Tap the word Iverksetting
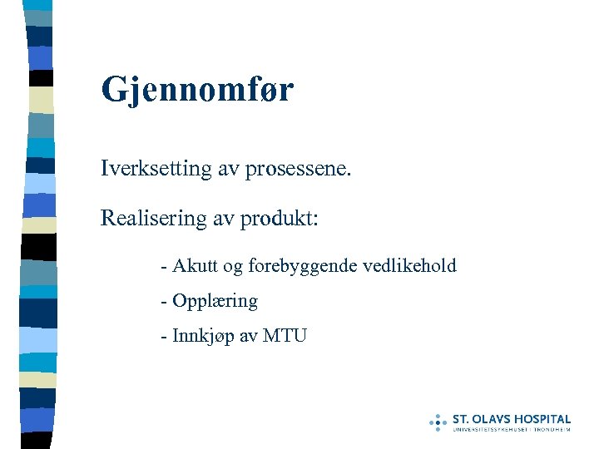click(x=146, y=170)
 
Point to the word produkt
click(x=280, y=220)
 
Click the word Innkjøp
click(x=202, y=337)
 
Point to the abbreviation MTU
click(x=285, y=336)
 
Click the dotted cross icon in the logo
click(x=438, y=422)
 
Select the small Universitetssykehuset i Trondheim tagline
click(x=512, y=430)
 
